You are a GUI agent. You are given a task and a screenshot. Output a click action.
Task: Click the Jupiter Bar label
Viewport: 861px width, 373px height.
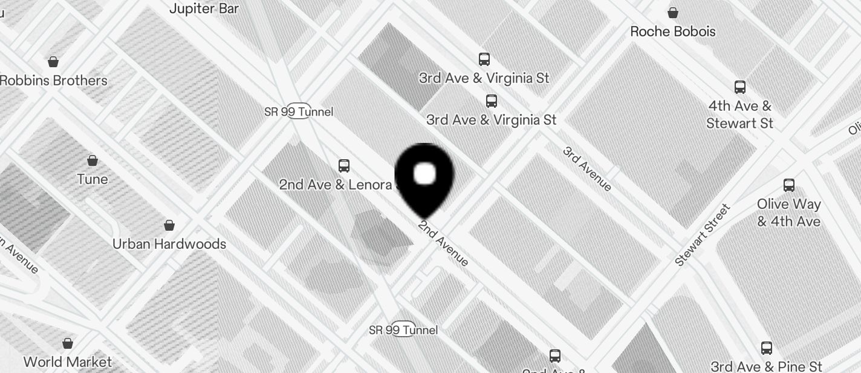coord(204,8)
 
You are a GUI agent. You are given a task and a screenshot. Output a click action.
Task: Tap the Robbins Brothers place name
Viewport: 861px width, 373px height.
coord(54,81)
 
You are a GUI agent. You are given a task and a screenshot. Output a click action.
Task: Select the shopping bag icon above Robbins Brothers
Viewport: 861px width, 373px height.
coord(53,61)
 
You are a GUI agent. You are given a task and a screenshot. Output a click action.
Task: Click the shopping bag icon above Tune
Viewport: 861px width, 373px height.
coord(93,160)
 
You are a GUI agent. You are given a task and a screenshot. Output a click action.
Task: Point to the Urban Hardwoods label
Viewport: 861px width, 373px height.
coord(169,244)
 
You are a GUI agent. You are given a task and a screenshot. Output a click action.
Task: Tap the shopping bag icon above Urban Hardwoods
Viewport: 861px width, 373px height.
coord(169,225)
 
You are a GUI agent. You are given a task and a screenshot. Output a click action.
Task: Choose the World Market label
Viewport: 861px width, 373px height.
coord(68,362)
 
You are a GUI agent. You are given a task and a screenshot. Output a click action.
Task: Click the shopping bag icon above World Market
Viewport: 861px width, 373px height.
coord(68,343)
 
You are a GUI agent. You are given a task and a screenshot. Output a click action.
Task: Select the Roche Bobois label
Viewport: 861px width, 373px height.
coord(673,31)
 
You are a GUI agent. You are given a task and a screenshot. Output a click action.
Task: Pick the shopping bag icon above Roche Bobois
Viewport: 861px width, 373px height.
coord(672,12)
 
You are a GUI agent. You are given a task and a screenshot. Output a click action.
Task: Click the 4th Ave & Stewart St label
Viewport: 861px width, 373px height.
coord(740,114)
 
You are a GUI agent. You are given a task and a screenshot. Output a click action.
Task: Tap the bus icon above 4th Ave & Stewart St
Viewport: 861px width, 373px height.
coord(740,87)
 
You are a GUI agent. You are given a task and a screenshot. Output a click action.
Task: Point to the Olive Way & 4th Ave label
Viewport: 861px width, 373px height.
coord(788,213)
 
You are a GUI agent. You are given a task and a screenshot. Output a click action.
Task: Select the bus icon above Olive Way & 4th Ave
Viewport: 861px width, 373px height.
coord(788,185)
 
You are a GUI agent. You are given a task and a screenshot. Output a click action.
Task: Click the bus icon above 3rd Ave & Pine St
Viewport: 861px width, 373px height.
coord(767,348)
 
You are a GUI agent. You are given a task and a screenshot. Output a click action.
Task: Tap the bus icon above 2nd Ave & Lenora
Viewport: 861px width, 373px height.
coord(344,165)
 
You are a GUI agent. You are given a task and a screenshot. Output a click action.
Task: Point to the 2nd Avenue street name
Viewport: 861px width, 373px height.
coord(444,243)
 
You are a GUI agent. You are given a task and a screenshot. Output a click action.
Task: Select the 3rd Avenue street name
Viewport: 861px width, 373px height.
coord(587,168)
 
